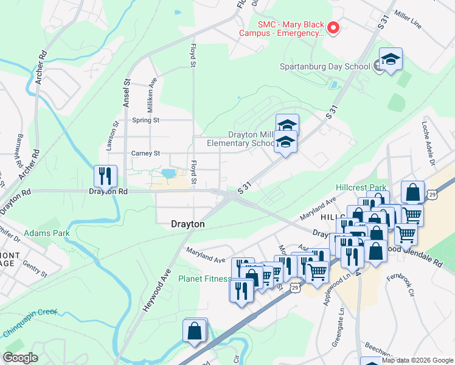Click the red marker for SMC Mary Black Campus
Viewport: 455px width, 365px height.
(333, 27)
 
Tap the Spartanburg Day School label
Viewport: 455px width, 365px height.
(324, 67)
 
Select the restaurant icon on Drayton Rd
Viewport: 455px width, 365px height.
(105, 176)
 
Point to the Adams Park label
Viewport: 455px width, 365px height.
(47, 232)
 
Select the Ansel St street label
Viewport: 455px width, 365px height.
(127, 93)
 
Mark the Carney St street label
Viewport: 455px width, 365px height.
(145, 153)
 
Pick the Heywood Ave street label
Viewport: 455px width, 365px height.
(155, 293)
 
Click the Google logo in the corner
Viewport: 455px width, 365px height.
(21, 358)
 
